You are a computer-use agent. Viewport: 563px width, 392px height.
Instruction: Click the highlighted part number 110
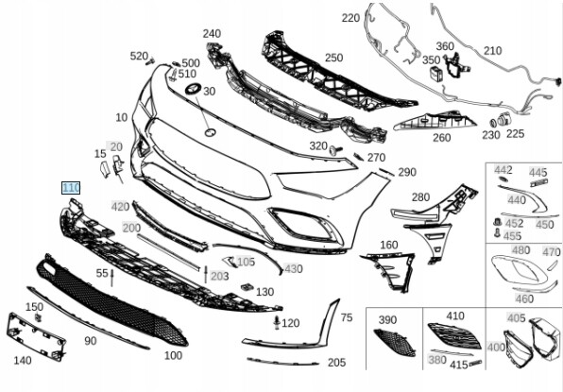[71, 188]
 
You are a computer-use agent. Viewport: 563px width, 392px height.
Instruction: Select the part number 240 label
[212, 33]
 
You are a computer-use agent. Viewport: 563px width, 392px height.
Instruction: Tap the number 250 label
[333, 58]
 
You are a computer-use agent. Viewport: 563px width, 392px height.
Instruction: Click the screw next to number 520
[150, 61]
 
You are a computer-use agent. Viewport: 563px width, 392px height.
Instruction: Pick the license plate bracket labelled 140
[36, 336]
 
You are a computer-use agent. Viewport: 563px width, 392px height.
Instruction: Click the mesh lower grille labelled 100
[111, 300]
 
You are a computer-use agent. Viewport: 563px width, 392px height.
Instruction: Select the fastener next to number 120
[277, 322]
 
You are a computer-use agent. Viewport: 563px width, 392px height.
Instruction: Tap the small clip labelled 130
[247, 287]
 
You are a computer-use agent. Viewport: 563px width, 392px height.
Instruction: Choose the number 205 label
[337, 363]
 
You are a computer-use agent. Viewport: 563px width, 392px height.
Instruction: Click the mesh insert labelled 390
[395, 342]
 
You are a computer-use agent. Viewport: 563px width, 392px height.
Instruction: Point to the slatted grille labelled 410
[454, 335]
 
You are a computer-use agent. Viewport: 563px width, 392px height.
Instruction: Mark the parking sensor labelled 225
[503, 120]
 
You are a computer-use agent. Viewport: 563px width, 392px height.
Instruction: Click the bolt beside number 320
[336, 149]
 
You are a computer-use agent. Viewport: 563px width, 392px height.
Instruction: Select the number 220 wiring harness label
[350, 18]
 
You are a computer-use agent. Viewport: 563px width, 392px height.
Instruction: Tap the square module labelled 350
[436, 74]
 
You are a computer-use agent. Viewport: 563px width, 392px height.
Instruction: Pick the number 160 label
[389, 245]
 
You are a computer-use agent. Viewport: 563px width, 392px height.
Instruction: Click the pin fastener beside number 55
[112, 277]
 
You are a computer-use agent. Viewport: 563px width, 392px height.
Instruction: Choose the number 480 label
[520, 250]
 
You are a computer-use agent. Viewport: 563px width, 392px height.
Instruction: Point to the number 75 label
[347, 317]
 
